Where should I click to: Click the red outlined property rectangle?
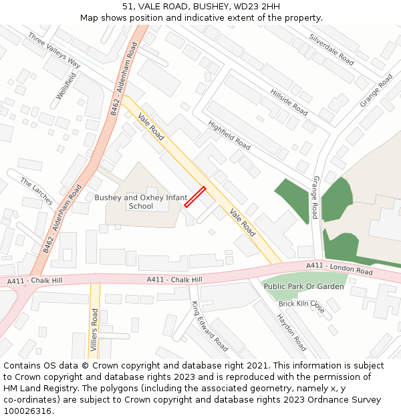coord(194,197)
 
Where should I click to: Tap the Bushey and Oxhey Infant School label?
coord(140,202)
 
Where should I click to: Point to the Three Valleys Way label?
coord(54,50)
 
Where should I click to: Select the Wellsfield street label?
coord(63,86)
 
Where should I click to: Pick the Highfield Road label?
coord(229,135)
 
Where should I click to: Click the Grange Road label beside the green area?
coord(315,197)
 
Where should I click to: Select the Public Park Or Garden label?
coord(304,286)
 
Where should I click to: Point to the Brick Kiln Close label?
coord(301,307)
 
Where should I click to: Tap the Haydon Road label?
coord(292,332)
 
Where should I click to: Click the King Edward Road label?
coord(210,326)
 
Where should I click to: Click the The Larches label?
coord(36,192)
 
